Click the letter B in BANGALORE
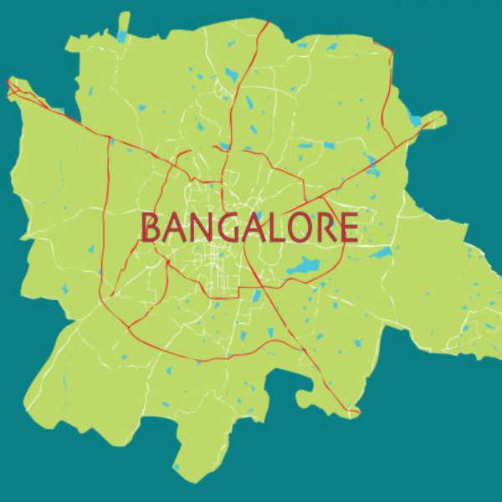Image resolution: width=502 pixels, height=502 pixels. (152, 228)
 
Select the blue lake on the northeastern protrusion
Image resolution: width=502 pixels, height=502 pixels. (416, 120)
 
